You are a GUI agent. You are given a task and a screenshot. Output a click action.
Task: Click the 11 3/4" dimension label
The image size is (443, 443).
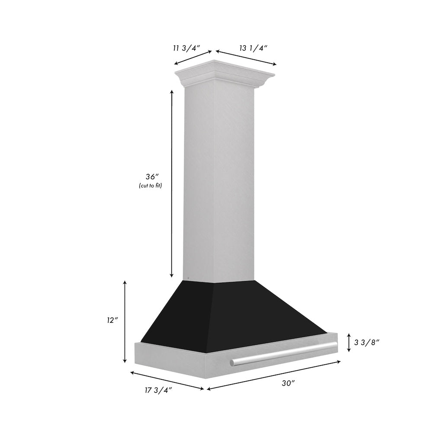[x=185, y=48]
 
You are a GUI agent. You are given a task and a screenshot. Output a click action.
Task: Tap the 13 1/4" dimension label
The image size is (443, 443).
[x=253, y=48]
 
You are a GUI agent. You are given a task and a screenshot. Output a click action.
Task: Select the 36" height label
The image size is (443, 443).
[x=152, y=177]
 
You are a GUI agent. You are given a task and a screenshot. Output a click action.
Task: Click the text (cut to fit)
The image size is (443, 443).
[x=151, y=186]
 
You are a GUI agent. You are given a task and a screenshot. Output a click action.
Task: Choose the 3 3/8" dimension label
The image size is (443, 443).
[x=366, y=342]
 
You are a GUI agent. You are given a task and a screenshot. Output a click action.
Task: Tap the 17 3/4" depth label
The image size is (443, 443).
[x=159, y=390]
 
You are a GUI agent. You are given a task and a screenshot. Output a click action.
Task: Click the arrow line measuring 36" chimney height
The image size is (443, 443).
[x=172, y=183]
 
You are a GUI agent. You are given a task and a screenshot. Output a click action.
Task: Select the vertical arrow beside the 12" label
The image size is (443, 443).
[x=125, y=321]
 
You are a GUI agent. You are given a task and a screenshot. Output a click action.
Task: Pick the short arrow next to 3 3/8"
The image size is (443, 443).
[x=349, y=342]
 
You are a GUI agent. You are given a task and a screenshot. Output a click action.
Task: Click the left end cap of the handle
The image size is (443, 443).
[x=233, y=362]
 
